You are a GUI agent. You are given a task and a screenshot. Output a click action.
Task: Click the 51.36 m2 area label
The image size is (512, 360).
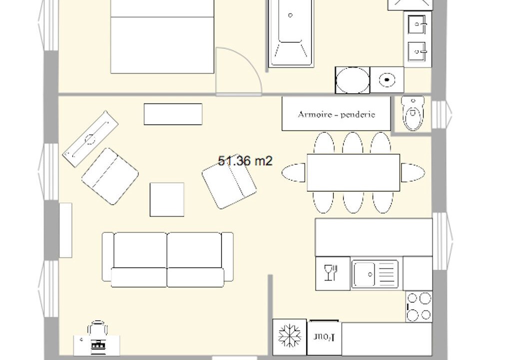point(245,161)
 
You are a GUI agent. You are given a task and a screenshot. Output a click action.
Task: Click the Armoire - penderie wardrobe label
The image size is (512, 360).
point(336,114)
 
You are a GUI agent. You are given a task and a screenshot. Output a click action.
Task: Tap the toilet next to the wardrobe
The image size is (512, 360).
point(413,113)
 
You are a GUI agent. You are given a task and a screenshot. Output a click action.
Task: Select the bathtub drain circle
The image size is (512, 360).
point(290,15)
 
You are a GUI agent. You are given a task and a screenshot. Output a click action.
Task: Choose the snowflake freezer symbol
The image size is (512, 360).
point(290,336)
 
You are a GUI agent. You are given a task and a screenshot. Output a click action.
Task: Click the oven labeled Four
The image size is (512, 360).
point(324,337)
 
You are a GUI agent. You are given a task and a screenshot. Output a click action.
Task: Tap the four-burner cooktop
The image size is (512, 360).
point(419,306)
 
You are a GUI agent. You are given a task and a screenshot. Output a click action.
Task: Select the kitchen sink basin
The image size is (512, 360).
point(364,274)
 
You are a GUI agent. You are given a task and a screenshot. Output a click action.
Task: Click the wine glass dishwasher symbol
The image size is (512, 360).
point(331,272)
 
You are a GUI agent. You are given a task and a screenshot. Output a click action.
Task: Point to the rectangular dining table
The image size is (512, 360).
point(353,172)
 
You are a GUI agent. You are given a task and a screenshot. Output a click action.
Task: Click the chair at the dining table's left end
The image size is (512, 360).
point(294,172)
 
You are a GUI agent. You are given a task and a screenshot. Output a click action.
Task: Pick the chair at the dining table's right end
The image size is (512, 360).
point(413,172)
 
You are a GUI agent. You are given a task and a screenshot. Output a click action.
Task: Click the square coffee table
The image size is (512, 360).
point(167,199)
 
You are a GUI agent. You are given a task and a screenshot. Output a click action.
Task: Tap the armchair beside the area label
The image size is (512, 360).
point(229,184)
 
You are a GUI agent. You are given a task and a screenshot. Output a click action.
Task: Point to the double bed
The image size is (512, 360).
point(162,36)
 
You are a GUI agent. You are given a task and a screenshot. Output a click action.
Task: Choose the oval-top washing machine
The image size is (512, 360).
point(353,80)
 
